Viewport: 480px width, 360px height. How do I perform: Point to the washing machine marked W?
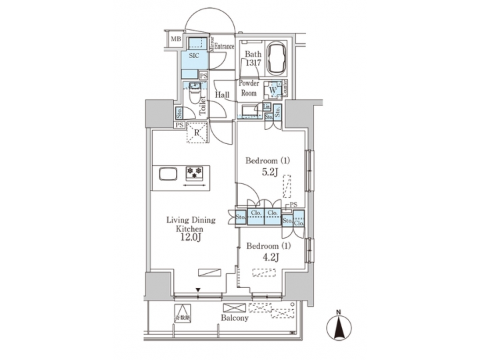[272, 91]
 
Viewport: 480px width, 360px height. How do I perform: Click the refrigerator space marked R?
[197, 132]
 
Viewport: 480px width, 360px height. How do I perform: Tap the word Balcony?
[234, 318]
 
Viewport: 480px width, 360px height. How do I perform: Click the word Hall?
[222, 95]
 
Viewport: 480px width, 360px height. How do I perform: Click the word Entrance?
[224, 46]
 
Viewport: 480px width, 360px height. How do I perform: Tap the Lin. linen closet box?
[266, 107]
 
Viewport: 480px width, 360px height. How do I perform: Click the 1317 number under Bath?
[253, 63]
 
